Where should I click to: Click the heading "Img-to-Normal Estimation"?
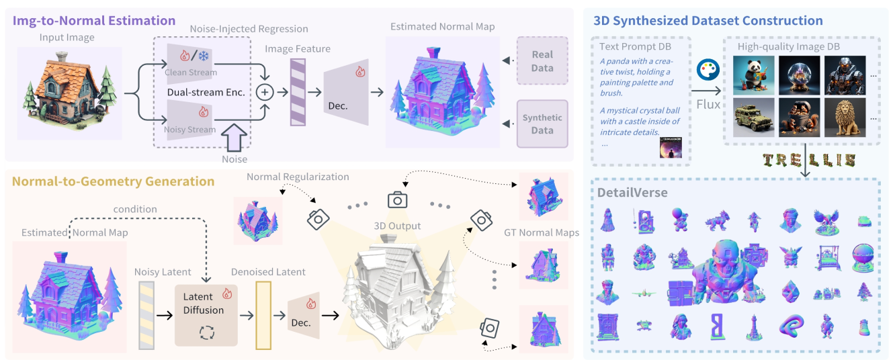click(x=94, y=21)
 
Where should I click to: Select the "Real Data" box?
click(x=542, y=61)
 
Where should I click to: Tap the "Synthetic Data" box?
click(x=542, y=124)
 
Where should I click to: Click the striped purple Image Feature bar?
click(x=298, y=91)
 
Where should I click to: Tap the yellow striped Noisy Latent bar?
click(x=146, y=316)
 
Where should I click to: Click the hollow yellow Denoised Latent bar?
click(x=263, y=316)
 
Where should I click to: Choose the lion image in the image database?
click(x=845, y=118)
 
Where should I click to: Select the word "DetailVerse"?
click(x=632, y=193)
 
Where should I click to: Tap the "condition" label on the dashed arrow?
click(x=135, y=209)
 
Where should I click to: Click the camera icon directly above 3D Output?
click(x=398, y=199)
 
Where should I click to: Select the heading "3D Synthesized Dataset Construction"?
click(x=708, y=21)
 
